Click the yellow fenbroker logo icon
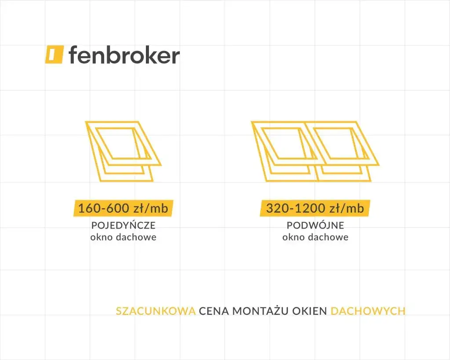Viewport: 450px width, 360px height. pyautogui.click(x=54, y=54)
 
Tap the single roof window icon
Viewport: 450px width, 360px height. pyautogui.click(x=123, y=151)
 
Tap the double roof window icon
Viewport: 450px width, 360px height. pyautogui.click(x=315, y=151)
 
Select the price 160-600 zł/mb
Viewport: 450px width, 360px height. pyautogui.click(x=123, y=208)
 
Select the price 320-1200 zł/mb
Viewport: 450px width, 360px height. pyautogui.click(x=315, y=208)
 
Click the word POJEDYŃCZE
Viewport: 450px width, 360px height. pyautogui.click(x=123, y=225)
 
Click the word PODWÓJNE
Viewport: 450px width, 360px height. pyautogui.click(x=316, y=225)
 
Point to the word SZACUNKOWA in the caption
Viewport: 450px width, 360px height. pyautogui.click(x=156, y=311)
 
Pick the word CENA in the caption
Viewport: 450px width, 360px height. pyautogui.click(x=214, y=311)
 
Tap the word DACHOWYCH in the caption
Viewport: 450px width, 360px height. pyautogui.click(x=368, y=311)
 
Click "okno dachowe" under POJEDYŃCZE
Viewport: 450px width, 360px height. pyautogui.click(x=123, y=237)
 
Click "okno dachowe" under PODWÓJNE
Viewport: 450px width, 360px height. pyautogui.click(x=316, y=237)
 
